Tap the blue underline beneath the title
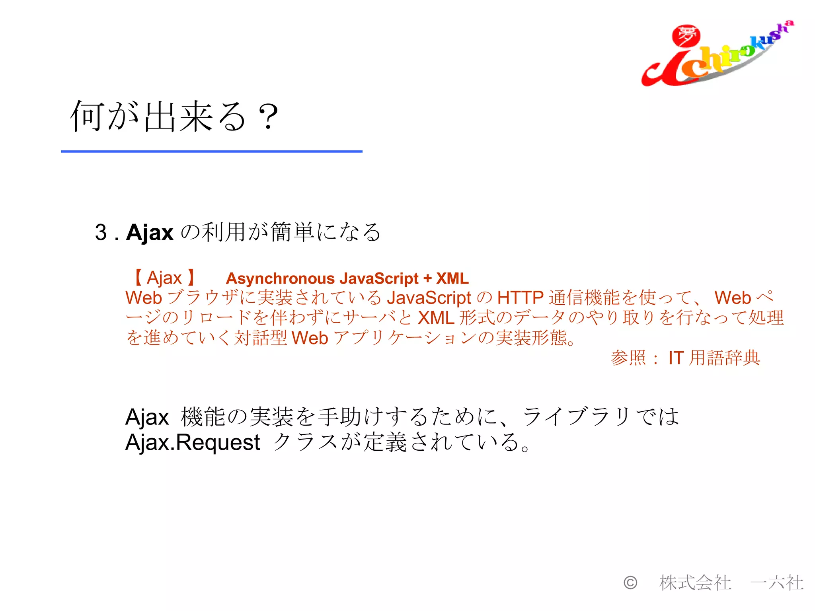coord(211,152)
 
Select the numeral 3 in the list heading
coord(101,232)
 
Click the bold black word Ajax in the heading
coord(150,232)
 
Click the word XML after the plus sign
coord(452,278)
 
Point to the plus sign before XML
coord(427,278)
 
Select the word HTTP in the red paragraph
coord(521,298)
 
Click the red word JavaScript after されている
coord(429,298)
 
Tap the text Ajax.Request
coord(193,442)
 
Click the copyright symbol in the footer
coord(630,583)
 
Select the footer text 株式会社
coord(695,583)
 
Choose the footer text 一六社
coord(776,583)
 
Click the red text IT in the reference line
coord(676,358)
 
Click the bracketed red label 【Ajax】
coord(164,278)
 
